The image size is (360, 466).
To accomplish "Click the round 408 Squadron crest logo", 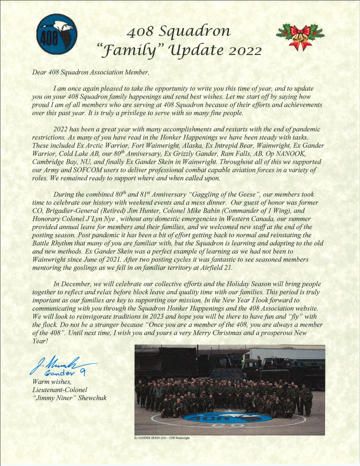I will (x=57, y=34).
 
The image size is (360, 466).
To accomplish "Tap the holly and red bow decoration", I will (x=300, y=37).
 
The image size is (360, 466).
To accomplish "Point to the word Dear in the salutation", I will (x=39, y=73).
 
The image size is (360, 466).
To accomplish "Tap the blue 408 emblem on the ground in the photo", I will (x=225, y=419).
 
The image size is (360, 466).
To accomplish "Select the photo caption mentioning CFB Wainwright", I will (x=162, y=438).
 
